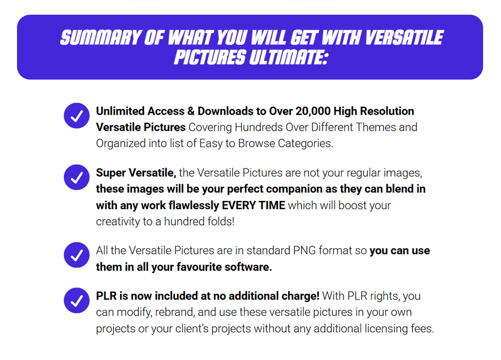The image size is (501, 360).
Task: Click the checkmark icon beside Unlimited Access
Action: [77, 116]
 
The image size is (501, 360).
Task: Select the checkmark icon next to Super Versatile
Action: [77, 177]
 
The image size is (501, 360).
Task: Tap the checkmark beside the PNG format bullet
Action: [77, 255]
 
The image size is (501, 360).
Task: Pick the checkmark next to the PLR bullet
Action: [77, 301]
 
